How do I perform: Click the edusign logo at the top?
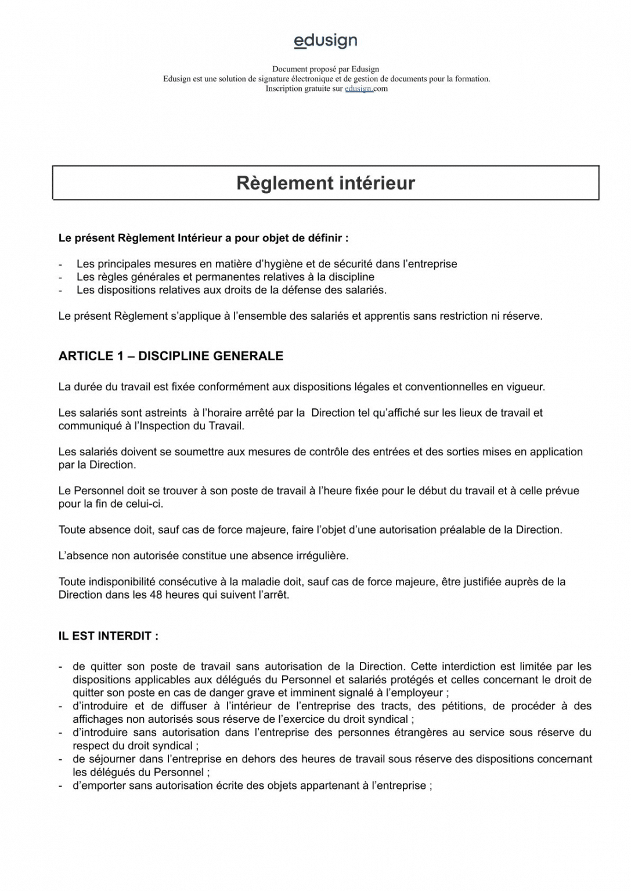(x=326, y=41)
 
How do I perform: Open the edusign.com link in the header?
(x=366, y=89)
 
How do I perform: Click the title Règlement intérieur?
(x=326, y=183)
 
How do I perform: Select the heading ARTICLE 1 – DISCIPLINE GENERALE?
(x=171, y=356)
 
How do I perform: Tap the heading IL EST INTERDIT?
(x=108, y=636)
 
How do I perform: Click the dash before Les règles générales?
(x=60, y=277)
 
